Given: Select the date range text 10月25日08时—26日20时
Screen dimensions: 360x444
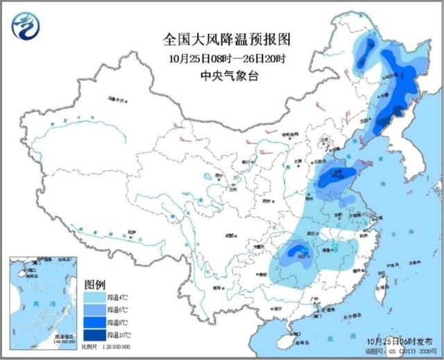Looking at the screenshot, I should (x=219, y=58).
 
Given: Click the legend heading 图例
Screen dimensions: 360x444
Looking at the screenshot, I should (x=94, y=285).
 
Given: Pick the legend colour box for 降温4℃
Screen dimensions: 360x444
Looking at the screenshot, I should (x=94, y=298).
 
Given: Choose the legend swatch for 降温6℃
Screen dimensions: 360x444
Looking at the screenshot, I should (x=94, y=310).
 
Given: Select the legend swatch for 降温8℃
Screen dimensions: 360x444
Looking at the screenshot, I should (x=94, y=323).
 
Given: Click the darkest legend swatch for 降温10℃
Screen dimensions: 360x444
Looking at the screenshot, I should (x=94, y=336).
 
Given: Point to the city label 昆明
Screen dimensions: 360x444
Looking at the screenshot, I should (x=218, y=286).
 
